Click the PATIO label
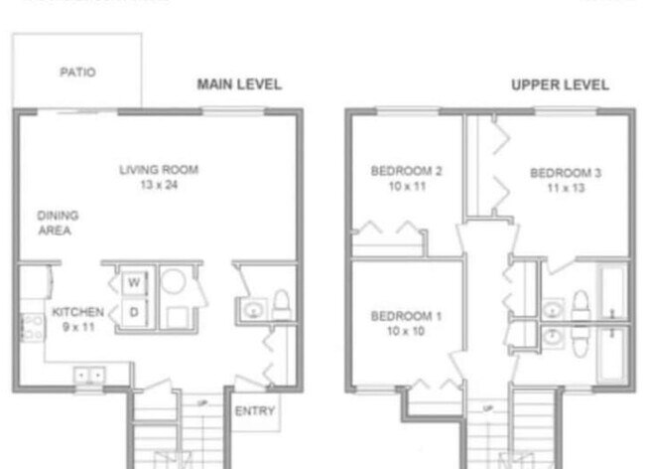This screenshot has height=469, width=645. (77, 73)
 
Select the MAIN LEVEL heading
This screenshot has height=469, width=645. (239, 84)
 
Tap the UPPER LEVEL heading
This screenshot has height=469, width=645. (560, 84)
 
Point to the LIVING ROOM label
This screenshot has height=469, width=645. (159, 170)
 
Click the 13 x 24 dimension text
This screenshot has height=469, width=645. (159, 186)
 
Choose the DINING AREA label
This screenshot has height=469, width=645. (58, 223)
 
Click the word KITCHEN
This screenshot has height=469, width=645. (77, 312)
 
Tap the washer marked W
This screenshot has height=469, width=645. (132, 283)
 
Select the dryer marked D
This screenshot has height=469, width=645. (132, 312)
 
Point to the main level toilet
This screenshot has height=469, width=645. (280, 304)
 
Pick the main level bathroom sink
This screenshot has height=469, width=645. (254, 311)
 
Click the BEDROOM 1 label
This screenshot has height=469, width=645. (406, 316)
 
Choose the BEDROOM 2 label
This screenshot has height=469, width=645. (406, 171)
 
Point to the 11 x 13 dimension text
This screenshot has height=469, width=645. (565, 187)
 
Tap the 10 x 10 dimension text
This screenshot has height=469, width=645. (406, 331)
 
